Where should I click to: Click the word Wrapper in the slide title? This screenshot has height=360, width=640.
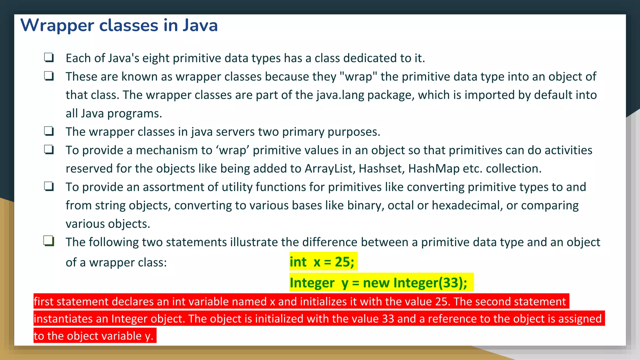point(57,26)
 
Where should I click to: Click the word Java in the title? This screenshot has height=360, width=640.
point(200,26)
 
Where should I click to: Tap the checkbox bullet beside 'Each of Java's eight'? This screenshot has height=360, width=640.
point(49,57)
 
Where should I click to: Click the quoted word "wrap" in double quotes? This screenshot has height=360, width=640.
point(358,77)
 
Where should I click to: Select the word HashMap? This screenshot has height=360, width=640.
point(434,169)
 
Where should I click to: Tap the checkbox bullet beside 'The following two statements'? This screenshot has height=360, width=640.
point(49,241)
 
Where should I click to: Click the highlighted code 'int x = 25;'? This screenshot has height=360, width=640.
point(322,262)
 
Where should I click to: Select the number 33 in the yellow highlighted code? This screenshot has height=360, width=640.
point(451,283)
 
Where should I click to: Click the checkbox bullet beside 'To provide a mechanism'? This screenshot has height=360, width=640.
point(49,150)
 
